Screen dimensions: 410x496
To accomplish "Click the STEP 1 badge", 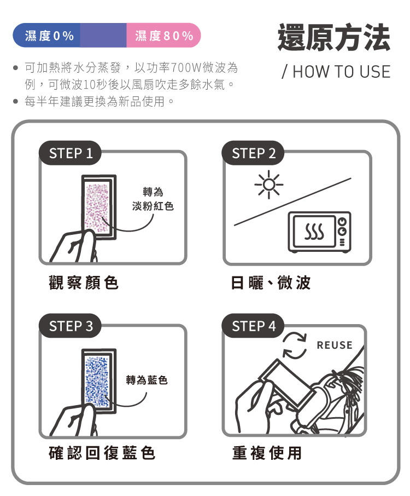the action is [70, 153].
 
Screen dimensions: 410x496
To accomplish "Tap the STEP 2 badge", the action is [253, 153].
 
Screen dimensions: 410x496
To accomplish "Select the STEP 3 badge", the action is [70, 326].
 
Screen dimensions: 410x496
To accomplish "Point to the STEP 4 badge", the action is [253, 326].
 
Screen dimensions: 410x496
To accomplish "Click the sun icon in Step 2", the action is [269, 184].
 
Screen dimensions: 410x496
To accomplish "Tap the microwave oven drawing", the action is [319, 232].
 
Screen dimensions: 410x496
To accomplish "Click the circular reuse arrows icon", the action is [295, 345].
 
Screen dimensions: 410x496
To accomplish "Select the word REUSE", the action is [335, 345].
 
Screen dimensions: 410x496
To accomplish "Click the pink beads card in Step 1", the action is [99, 207].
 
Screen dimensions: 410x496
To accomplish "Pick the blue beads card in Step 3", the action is [99, 381].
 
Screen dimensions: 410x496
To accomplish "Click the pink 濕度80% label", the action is [163, 35].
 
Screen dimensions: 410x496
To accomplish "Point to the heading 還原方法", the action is [334, 37].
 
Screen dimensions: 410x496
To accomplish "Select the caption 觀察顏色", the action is [84, 282].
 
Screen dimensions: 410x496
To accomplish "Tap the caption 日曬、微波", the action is [271, 282].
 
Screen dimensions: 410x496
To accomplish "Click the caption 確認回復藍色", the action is [102, 453].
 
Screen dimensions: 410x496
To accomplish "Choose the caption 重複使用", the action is [267, 453].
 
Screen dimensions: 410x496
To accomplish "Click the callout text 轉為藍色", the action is [147, 379].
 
